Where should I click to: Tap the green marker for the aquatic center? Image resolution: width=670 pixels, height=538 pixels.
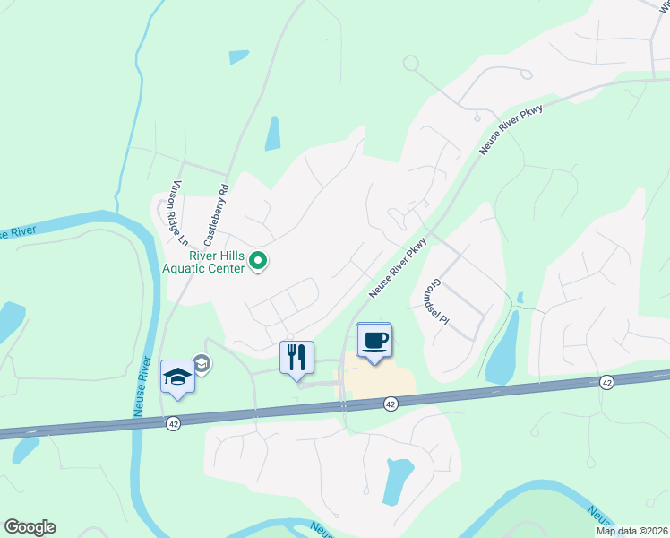(x=258, y=262)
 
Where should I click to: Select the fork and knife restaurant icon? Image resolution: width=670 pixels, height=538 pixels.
(x=297, y=357)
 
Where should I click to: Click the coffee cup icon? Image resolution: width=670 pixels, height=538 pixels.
(x=374, y=340)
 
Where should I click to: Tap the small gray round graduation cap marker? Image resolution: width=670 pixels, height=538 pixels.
(x=202, y=363)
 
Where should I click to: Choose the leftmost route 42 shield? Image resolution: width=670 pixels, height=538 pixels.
(x=173, y=421)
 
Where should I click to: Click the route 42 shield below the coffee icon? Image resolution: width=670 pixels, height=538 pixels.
(x=391, y=404)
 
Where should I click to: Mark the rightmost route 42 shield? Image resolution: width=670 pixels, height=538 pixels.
(x=607, y=383)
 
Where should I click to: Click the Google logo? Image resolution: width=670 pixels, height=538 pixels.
(x=30, y=527)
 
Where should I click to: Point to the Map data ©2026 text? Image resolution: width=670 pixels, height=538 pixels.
(x=631, y=531)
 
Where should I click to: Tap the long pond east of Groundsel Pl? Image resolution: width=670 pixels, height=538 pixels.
(x=502, y=345)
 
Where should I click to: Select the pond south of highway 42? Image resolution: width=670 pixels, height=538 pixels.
(x=396, y=480)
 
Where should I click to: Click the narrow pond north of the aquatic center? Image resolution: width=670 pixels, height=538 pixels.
(x=272, y=134)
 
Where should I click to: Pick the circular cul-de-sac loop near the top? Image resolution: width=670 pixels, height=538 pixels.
(x=411, y=63)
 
